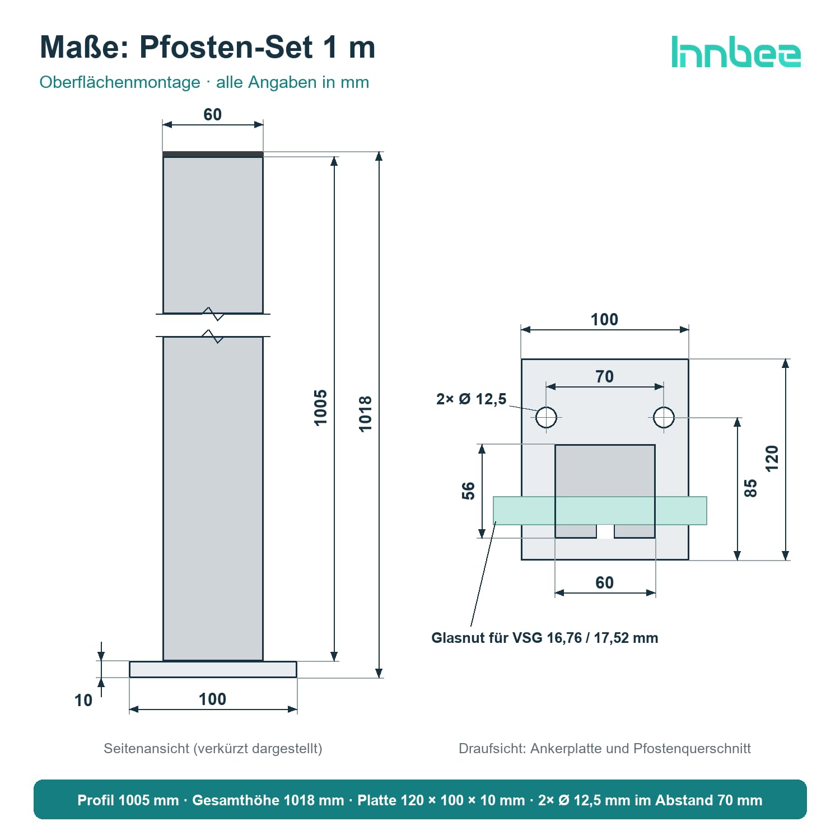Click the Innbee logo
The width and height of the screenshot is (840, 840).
736,52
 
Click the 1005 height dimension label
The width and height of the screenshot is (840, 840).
320,408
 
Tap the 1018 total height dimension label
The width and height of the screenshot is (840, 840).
365,414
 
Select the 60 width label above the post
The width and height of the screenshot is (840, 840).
213,114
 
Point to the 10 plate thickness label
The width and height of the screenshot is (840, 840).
83,700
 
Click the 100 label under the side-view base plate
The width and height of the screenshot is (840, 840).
213,699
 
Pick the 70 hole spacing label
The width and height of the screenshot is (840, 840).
605,376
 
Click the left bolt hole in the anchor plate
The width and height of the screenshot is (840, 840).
547,417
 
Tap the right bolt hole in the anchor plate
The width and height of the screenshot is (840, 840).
664,417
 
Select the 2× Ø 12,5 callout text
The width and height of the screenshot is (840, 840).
471,399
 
